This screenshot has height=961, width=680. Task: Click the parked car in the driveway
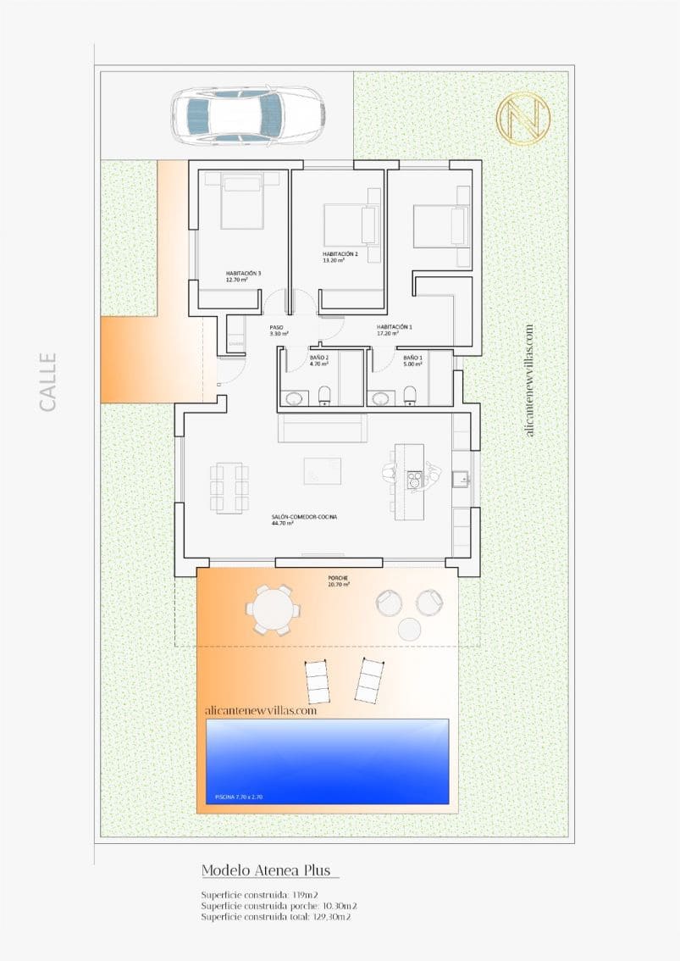pos(248,114)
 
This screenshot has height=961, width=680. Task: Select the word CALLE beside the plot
pos(48,382)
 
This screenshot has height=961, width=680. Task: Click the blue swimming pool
pos(328,761)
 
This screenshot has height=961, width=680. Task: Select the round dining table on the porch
pos(272,608)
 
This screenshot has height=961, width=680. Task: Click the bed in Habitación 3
pos(241,202)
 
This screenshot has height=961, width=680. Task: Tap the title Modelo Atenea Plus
pos(269,870)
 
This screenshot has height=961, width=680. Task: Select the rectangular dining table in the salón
pos(229,487)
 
